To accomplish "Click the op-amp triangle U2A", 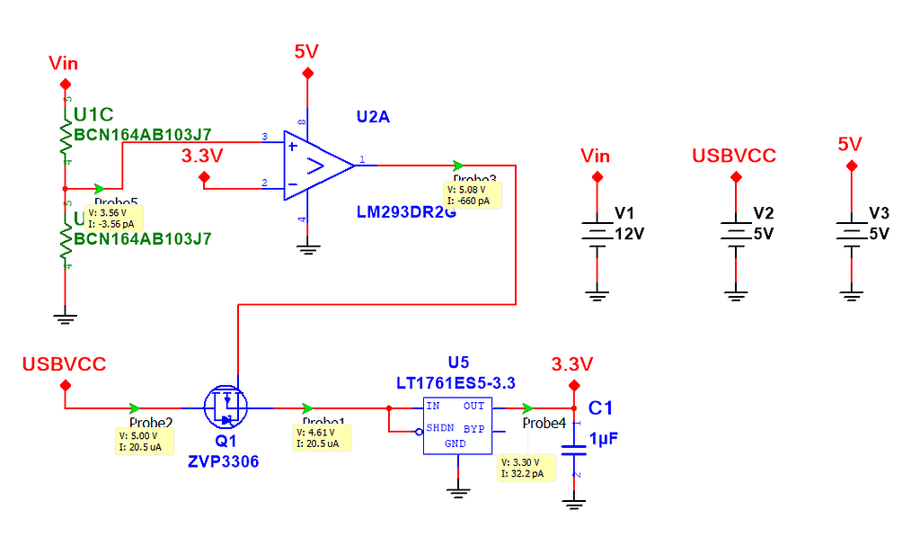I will click(x=314, y=166).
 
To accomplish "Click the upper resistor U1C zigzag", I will click(x=66, y=135).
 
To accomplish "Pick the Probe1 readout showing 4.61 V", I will click(x=322, y=438).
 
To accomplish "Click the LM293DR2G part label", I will click(x=400, y=212).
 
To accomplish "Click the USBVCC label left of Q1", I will click(x=65, y=363).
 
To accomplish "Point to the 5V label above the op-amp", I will click(x=306, y=51).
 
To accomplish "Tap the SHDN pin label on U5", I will click(x=439, y=428).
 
